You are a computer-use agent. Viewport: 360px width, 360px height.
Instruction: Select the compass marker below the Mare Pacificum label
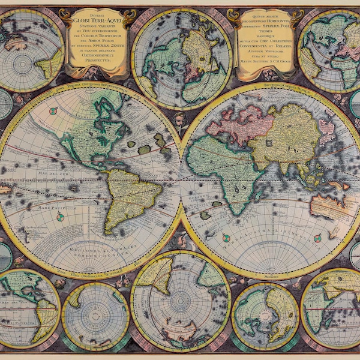click(61, 217)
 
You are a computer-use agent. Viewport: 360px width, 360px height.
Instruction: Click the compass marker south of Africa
click(226, 238)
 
